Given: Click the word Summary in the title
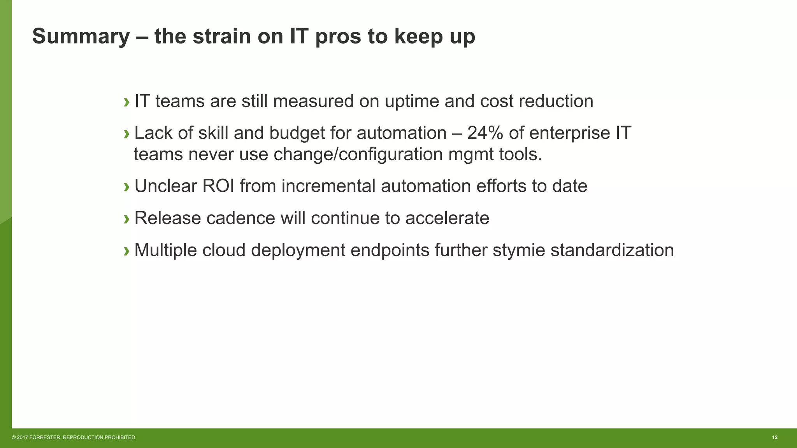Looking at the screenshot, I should click(81, 37).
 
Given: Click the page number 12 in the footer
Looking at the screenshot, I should click(774, 437).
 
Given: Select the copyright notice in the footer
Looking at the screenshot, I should click(74, 437).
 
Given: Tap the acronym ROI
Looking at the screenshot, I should click(218, 186).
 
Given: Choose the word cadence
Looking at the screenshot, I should click(241, 218).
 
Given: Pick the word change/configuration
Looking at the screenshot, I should click(358, 155).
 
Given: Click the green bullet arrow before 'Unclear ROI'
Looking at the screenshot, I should click(126, 187).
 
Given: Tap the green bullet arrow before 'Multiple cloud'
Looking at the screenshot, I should click(126, 251).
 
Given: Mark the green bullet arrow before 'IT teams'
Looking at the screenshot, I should click(126, 102).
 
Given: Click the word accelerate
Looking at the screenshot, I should click(447, 218).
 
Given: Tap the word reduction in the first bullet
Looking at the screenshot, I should click(556, 101).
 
